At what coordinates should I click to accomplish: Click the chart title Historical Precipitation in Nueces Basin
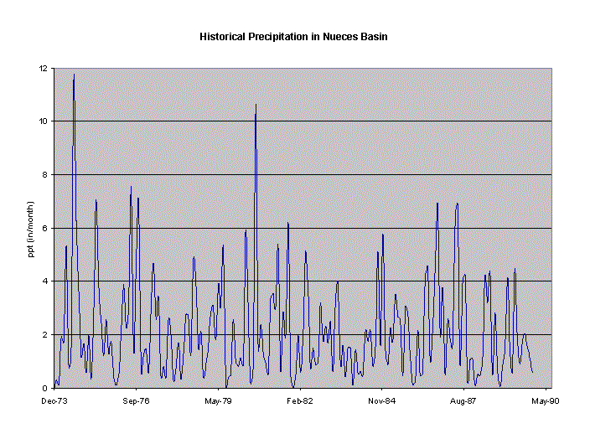point(293,37)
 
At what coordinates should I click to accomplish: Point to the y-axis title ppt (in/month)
point(30,228)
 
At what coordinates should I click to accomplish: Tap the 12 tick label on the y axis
point(43,68)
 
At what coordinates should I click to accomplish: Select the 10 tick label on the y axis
point(43,121)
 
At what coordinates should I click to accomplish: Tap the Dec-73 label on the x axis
point(54,401)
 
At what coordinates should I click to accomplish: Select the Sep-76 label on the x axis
point(136,401)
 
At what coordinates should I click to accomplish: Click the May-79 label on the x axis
point(218,401)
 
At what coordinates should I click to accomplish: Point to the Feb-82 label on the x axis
point(299,401)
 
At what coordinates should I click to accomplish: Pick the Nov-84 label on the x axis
point(381,401)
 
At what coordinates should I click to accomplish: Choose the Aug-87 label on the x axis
point(463,401)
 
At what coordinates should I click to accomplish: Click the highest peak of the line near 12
point(74,75)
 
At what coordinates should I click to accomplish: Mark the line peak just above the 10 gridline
point(256,105)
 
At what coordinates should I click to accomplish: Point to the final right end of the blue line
point(532,373)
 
